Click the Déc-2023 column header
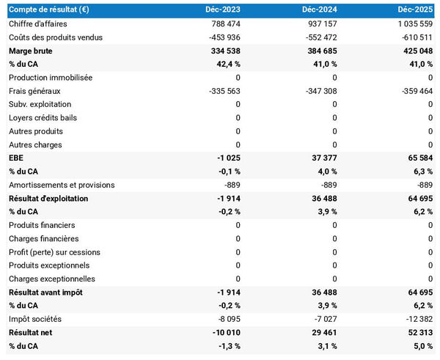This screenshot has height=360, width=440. pos(224,10)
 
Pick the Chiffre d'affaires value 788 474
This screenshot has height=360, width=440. pos(223,24)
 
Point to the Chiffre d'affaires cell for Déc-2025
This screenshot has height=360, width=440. pos(414,24)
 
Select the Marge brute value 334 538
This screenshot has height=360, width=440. pos(223,51)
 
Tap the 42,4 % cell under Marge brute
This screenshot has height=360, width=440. pos(225,65)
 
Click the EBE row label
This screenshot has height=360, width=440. pos(16,158)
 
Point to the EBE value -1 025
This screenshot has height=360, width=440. pos(227,158)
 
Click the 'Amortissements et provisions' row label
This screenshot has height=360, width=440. pos(61,185)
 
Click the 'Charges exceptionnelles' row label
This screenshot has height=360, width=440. pos(51,279)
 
